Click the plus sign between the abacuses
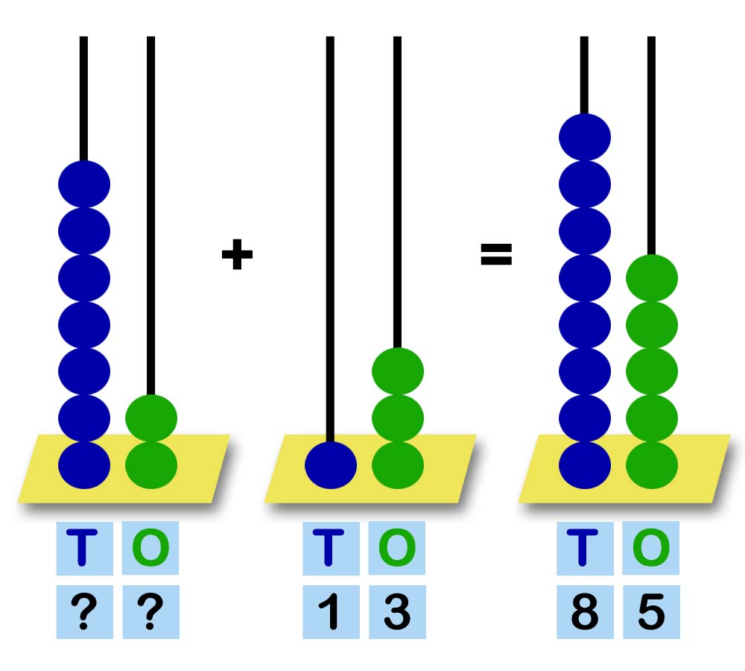point(237,255)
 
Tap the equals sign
point(495,255)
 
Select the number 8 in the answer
point(585,612)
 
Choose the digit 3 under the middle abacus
point(397,612)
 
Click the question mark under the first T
point(84,612)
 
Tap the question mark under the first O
point(150,612)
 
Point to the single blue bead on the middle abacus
point(331,464)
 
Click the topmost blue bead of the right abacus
point(585,137)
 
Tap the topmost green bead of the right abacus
point(651,278)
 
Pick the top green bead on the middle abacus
point(397,371)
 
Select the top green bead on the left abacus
point(150,418)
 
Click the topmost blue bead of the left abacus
point(84,183)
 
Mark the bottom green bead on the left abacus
point(150,464)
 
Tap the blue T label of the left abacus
point(84,548)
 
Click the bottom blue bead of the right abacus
point(585,464)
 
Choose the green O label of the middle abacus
point(397,548)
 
